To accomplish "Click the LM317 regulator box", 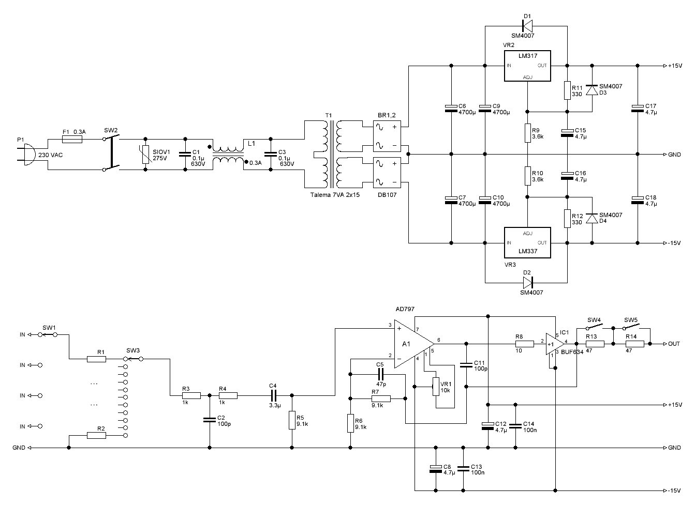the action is [x=527, y=66].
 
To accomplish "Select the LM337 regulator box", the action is [x=527, y=242].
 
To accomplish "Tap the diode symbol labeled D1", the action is [x=527, y=26].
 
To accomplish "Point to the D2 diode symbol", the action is [x=528, y=283].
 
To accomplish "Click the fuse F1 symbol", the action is [x=72, y=140].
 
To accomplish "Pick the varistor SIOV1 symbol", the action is [x=145, y=155].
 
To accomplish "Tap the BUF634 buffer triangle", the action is [x=555, y=344].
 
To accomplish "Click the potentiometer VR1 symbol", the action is [x=436, y=387].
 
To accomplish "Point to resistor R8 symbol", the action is [x=524, y=344].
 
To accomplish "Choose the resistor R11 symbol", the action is [x=567, y=90].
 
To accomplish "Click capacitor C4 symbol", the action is [x=273, y=395].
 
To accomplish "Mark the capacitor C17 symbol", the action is [x=638, y=108].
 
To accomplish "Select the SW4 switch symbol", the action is [x=595, y=327].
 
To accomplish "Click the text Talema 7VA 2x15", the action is [x=335, y=195].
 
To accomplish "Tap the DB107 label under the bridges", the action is [x=387, y=195].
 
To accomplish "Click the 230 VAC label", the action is [x=51, y=155].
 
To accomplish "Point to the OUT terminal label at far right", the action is [x=674, y=344].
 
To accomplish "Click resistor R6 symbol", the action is [x=350, y=423].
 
